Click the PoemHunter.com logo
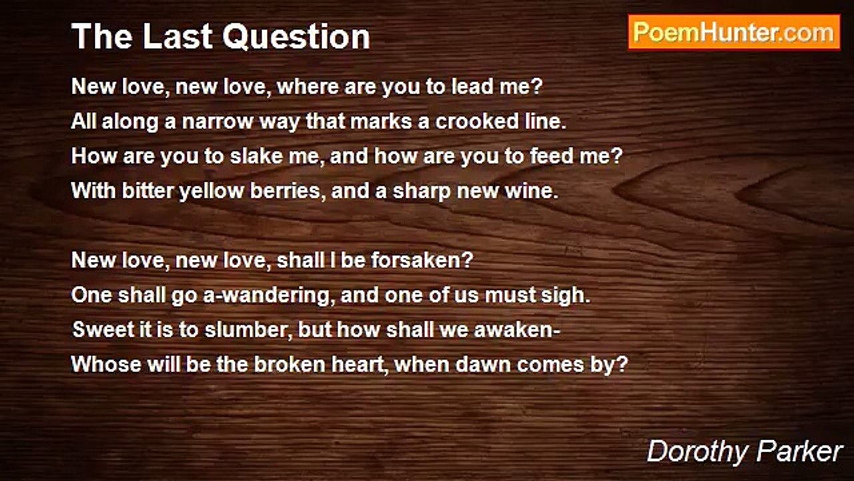734,32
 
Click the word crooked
474,122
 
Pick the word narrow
217,122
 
